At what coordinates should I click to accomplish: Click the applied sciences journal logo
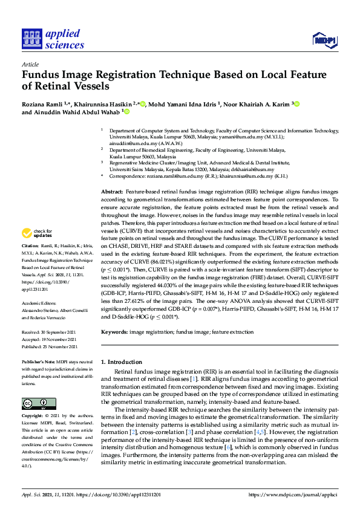[53, 39]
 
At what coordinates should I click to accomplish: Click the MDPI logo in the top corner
[326, 40]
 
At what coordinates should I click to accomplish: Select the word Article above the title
[30, 63]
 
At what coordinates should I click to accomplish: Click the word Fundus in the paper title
[42, 76]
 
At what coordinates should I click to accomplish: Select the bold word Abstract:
[113, 174]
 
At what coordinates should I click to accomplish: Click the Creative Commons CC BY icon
[39, 403]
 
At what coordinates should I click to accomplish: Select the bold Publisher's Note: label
[38, 360]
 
